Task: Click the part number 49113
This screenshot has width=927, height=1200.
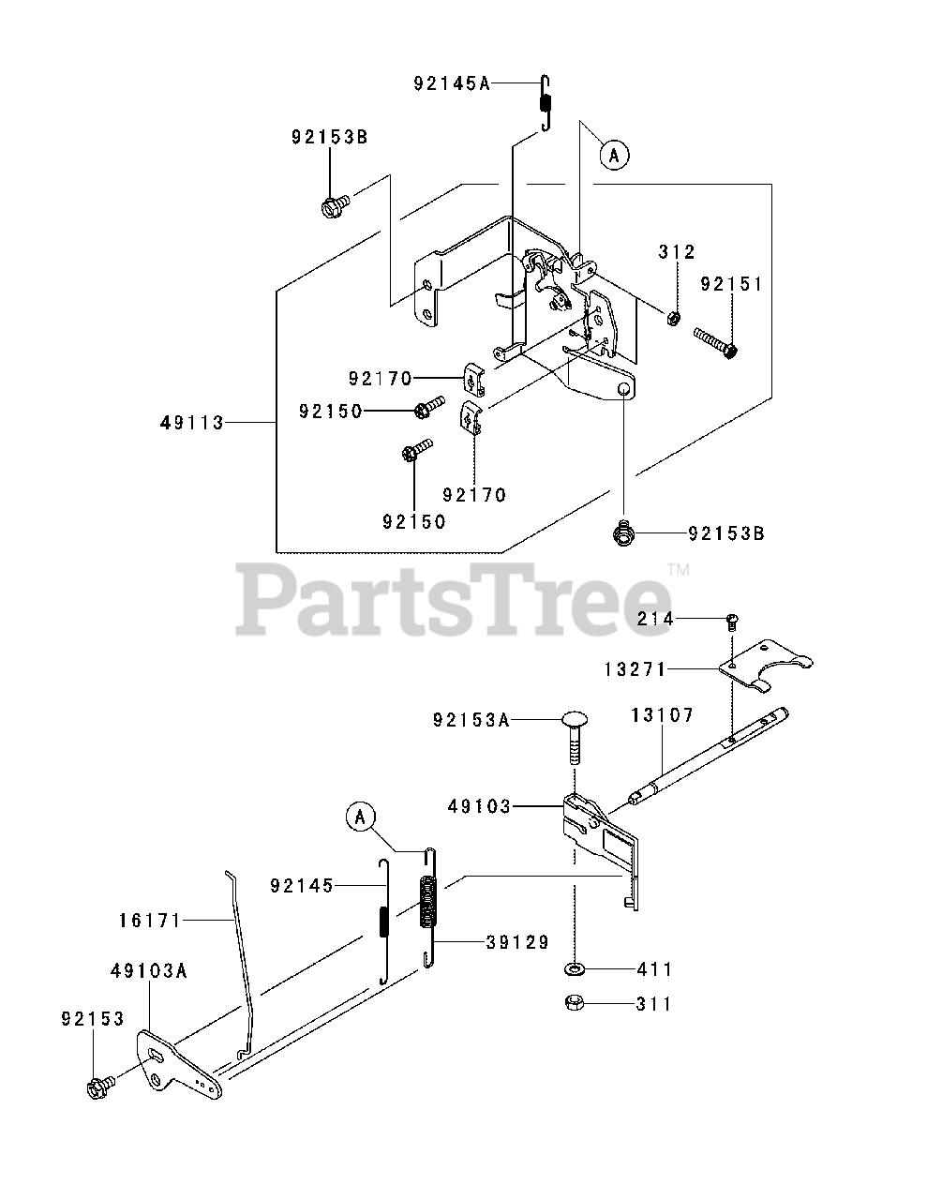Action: (192, 423)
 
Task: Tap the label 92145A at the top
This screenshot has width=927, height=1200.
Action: (452, 83)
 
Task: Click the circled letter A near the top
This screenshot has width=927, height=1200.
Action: (614, 156)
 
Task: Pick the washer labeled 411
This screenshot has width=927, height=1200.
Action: (575, 968)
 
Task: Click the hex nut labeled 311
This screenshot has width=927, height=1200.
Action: (575, 1003)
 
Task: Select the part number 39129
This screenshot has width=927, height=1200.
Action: (517, 941)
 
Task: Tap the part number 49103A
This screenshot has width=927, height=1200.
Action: (147, 972)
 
